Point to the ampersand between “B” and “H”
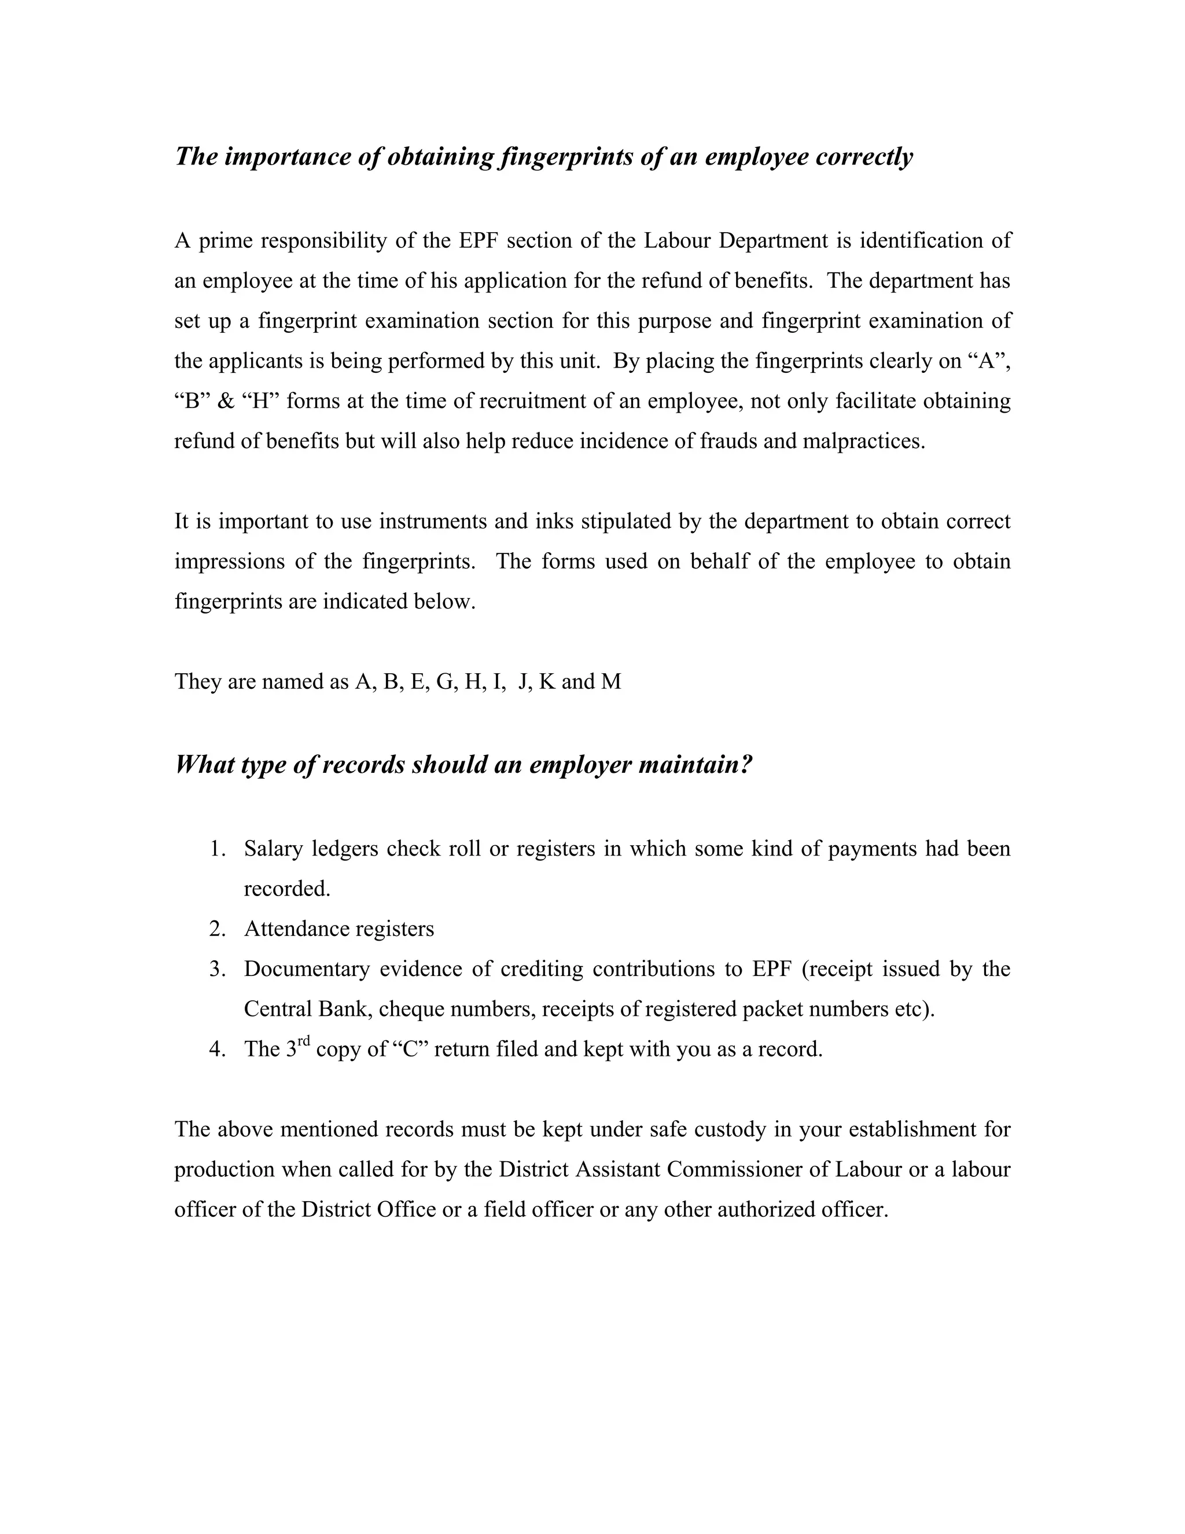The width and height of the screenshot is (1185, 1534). click(226, 401)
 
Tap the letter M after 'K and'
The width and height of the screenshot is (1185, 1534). click(611, 681)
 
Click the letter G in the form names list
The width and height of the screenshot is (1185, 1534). click(445, 681)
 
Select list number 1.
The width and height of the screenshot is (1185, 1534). click(217, 849)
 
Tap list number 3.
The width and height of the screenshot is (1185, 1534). click(217, 968)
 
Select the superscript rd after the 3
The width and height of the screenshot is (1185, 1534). click(303, 1041)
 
